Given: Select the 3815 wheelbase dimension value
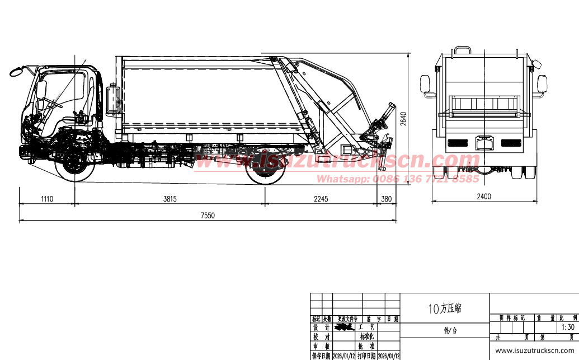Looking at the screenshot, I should [170, 199].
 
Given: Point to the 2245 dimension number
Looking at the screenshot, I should [321, 199].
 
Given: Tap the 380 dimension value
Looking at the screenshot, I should [387, 199].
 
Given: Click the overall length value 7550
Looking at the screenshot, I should [208, 215].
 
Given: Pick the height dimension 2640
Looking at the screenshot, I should [403, 118].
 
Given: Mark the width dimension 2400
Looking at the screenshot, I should [483, 196].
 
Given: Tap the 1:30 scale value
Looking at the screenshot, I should [567, 327].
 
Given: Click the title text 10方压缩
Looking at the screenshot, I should [445, 308].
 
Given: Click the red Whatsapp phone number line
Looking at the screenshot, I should [398, 179].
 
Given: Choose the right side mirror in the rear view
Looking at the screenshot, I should [542, 84].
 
